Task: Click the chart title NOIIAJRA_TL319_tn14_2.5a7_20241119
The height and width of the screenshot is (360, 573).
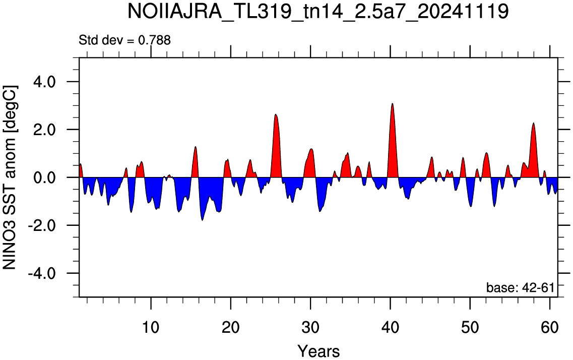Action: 318,12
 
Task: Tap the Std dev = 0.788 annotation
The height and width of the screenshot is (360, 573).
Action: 124,40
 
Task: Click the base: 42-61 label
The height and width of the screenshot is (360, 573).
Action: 520,287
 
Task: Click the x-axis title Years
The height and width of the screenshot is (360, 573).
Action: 319,351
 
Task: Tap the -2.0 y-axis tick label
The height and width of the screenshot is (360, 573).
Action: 41,225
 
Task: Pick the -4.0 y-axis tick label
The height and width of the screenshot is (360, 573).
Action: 41,273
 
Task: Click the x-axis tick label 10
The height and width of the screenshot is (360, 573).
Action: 151,327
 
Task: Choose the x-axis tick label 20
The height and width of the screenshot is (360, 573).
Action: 231,327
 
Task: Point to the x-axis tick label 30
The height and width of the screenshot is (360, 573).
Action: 310,327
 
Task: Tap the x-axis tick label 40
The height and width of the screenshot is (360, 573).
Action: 390,327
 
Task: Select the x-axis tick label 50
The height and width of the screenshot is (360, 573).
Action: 470,327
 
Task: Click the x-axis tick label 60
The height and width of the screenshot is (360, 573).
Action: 550,327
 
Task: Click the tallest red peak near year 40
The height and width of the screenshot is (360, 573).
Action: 392,104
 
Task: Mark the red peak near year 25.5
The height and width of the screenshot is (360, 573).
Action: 276,115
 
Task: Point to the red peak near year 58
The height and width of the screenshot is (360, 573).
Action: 534,123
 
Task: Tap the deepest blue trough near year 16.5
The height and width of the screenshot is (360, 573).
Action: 203,220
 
